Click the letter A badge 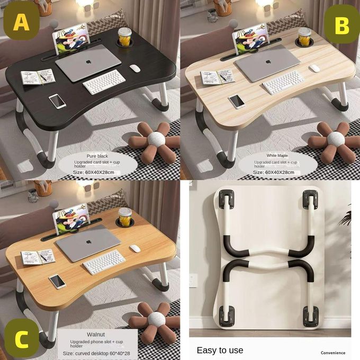point(21,22)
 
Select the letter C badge point(21,338)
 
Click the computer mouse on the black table point(135,68)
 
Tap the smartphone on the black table point(57,101)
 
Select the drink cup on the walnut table point(125,218)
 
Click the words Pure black point(97,156)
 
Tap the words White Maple point(277,156)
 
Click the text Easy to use point(220,350)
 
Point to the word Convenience point(333,353)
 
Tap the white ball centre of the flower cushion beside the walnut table point(157,319)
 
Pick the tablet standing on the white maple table point(249,38)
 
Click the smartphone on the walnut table point(57,281)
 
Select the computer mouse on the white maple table point(314,68)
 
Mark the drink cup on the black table point(125,38)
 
